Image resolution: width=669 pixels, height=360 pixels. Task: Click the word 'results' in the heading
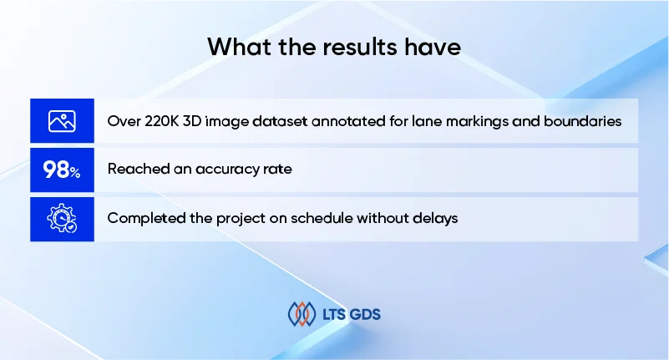pos(360,47)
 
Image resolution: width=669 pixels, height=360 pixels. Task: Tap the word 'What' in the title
pos(240,47)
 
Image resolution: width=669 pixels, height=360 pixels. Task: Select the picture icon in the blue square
pos(62,121)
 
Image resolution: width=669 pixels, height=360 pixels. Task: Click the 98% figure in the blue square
pos(62,170)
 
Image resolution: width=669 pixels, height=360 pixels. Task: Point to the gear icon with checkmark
pos(62,218)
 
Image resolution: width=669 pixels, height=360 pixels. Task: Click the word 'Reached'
pos(139,169)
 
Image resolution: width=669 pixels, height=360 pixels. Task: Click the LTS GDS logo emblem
pos(302,314)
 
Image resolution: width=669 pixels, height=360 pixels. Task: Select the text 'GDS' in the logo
pos(365,315)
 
